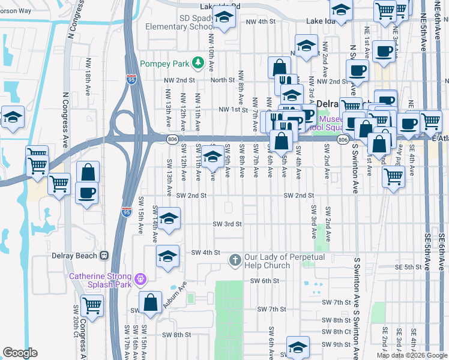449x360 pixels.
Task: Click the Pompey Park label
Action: pyautogui.click(x=164, y=64)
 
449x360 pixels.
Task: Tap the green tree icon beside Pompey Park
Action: pyautogui.click(x=196, y=64)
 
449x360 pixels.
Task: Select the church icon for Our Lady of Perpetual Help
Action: pyautogui.click(x=235, y=260)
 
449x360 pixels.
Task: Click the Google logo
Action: pyautogui.click(x=20, y=353)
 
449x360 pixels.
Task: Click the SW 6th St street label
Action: pyautogui.click(x=265, y=280)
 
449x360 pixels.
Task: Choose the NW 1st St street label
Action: pyautogui.click(x=234, y=110)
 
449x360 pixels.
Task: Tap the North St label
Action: pyautogui.click(x=222, y=80)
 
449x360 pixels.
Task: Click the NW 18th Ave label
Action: pyautogui.click(x=88, y=82)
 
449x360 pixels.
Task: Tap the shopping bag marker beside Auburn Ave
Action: pyautogui.click(x=150, y=302)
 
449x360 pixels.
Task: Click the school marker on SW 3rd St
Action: pyautogui.click(x=169, y=220)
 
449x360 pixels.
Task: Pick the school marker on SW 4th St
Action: pyautogui.click(x=167, y=256)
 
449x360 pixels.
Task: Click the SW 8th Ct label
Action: pyautogui.click(x=336, y=331)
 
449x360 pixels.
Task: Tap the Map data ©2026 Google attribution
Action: pyautogui.click(x=411, y=355)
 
